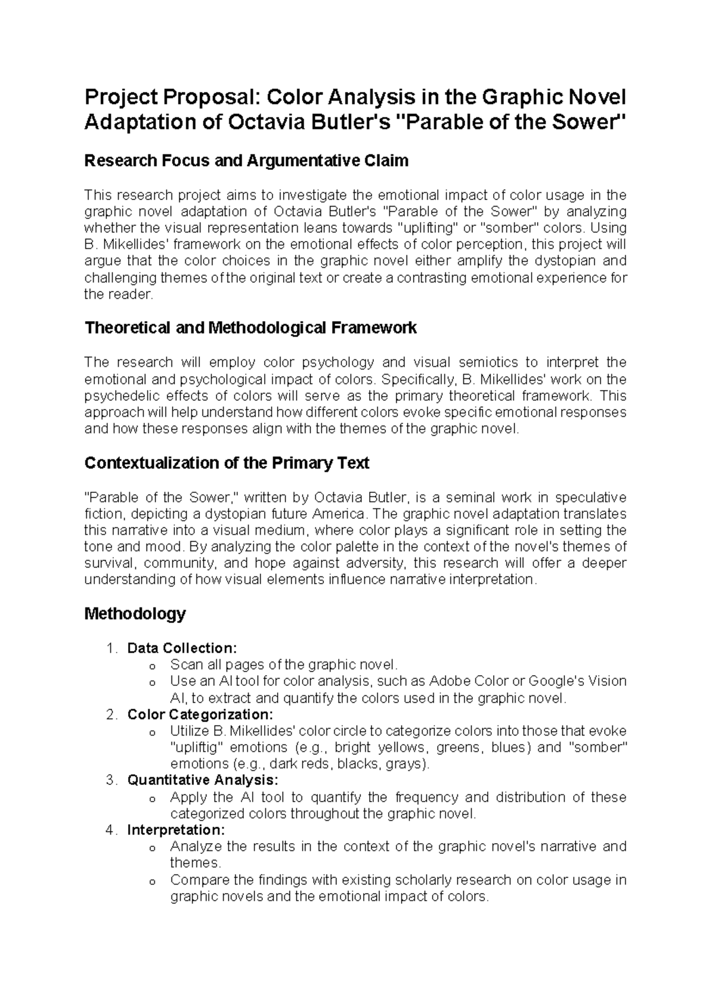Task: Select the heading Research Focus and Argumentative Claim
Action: click(246, 160)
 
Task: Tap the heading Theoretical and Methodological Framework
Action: click(250, 328)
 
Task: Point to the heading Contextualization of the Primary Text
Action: click(227, 463)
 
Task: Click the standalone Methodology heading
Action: click(135, 613)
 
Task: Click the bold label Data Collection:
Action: click(182, 648)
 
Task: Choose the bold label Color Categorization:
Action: click(200, 714)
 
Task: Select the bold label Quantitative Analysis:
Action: click(202, 780)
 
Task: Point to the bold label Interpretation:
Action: click(176, 829)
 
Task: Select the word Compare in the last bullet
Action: click(199, 880)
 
